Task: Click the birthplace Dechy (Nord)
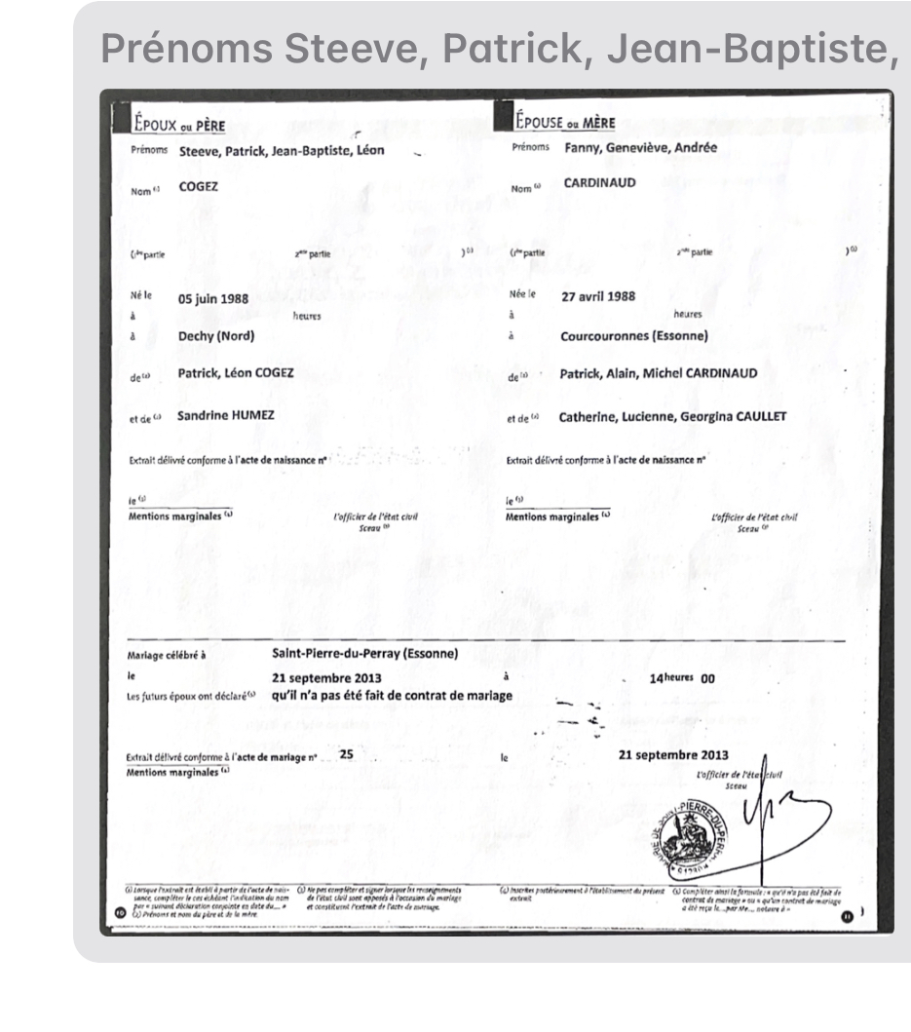(x=215, y=336)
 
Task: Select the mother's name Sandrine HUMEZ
(x=226, y=416)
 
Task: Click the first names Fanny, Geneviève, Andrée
(x=640, y=148)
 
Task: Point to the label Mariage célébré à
(x=167, y=655)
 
